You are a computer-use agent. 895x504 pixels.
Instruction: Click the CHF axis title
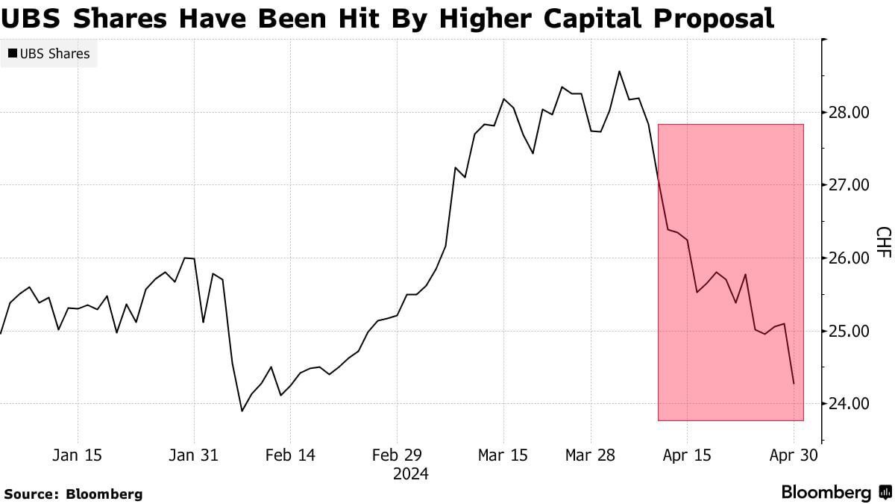pos(882,243)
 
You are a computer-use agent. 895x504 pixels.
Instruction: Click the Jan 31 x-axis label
pos(194,455)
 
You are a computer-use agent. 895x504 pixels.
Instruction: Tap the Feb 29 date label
pos(396,455)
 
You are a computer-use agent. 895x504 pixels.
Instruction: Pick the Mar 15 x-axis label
pos(503,455)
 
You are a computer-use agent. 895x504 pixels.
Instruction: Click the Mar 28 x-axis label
pos(591,455)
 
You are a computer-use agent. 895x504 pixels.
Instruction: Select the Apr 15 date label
pos(686,455)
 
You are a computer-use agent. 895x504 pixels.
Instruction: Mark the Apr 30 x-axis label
pos(793,455)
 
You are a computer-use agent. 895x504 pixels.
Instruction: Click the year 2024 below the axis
pos(411,474)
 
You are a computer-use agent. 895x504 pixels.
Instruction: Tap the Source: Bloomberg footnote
pos(73,494)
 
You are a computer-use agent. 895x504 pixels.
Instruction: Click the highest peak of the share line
pos(619,72)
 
